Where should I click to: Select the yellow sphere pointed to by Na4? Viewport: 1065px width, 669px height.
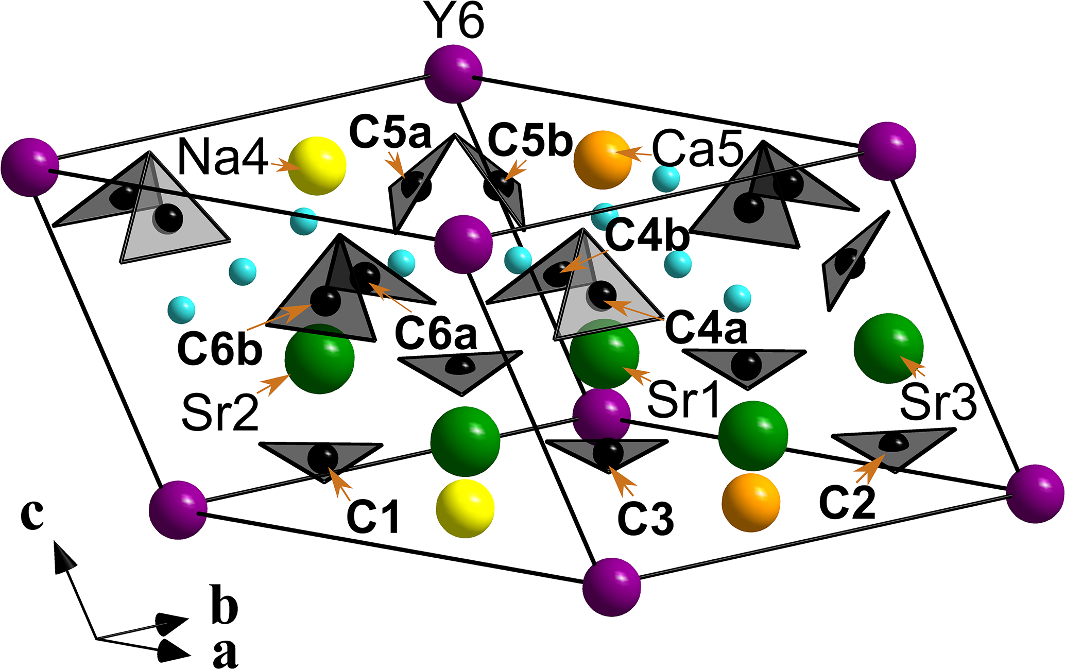(x=317, y=166)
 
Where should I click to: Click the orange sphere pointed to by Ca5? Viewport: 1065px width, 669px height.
(x=603, y=160)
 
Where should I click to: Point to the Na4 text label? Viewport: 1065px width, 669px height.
(x=222, y=158)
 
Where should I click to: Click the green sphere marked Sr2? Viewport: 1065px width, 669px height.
(x=319, y=359)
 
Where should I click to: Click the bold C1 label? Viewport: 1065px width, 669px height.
(x=373, y=516)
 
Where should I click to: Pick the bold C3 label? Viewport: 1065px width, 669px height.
(x=646, y=518)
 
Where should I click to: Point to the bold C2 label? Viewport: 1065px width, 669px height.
(x=847, y=502)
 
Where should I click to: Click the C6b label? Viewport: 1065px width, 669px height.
(x=220, y=349)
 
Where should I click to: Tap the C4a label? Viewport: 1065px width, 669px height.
(x=706, y=328)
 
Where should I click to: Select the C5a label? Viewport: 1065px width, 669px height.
(x=390, y=132)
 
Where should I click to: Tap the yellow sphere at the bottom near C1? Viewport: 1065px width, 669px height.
(x=465, y=508)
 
